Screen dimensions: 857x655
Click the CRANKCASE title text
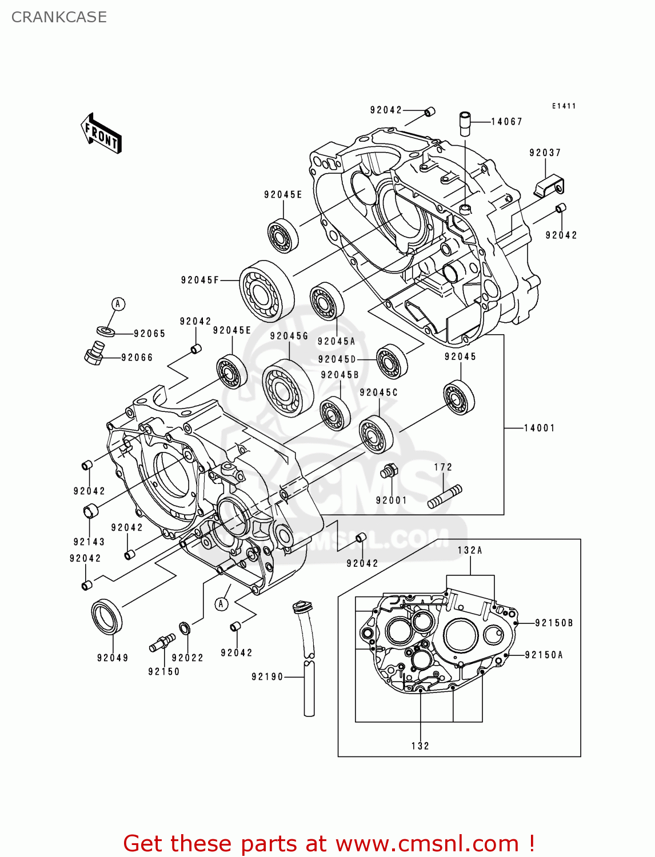[x=59, y=17]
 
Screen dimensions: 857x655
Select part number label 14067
[x=506, y=122]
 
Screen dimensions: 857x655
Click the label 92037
[x=545, y=153]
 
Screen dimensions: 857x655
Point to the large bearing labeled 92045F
[x=266, y=291]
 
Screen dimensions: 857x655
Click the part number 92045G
[x=289, y=336]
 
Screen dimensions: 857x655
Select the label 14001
[x=539, y=428]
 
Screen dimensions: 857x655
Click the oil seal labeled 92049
[x=107, y=616]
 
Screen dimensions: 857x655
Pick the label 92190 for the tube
[x=267, y=677]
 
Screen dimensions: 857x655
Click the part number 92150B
[x=553, y=623]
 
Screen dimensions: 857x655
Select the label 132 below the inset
[x=420, y=746]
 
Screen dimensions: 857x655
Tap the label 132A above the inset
[x=470, y=550]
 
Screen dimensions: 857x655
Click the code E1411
[x=564, y=106]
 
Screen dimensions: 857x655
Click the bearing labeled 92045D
[x=392, y=361]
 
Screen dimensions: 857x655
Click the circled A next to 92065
[x=118, y=304]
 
